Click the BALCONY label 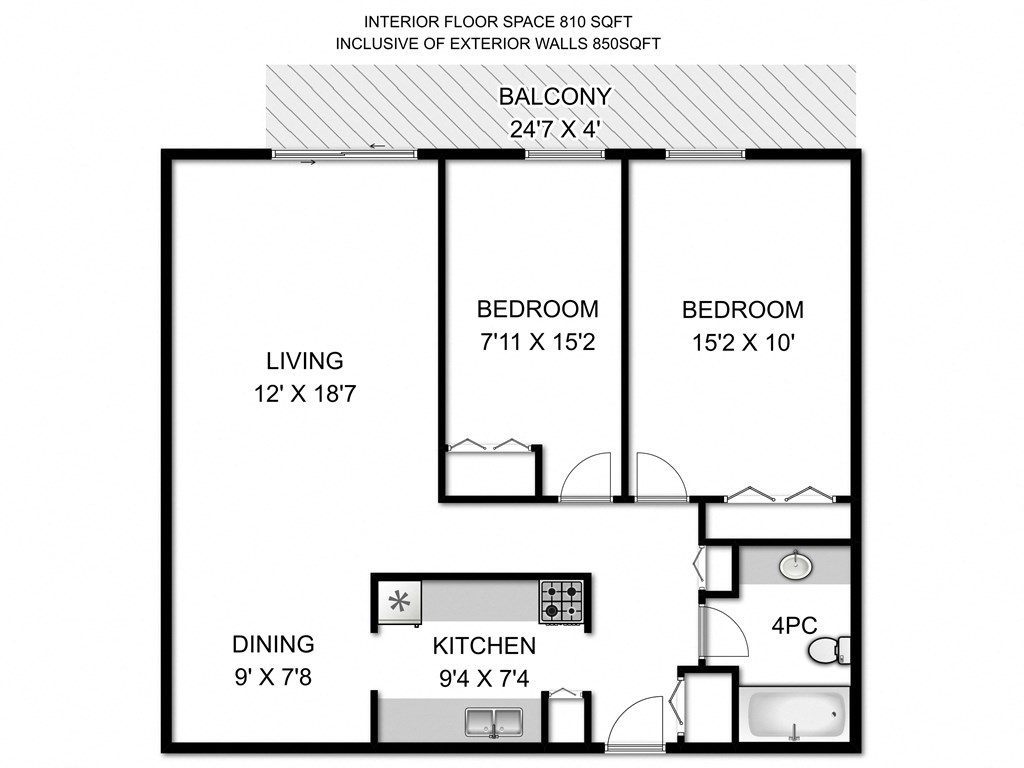pos(555,97)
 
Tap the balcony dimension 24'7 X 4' pos(555,129)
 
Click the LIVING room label pos(304,360)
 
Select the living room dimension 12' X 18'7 pos(305,394)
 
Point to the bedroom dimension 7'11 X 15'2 pos(537,343)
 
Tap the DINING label pos(273,644)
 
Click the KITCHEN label pos(484,646)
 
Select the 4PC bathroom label pos(795,626)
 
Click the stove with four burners pos(561,603)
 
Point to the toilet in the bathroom pos(829,651)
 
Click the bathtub pos(794,716)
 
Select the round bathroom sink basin pos(795,565)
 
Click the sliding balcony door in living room pos(345,154)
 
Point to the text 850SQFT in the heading pos(621,43)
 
